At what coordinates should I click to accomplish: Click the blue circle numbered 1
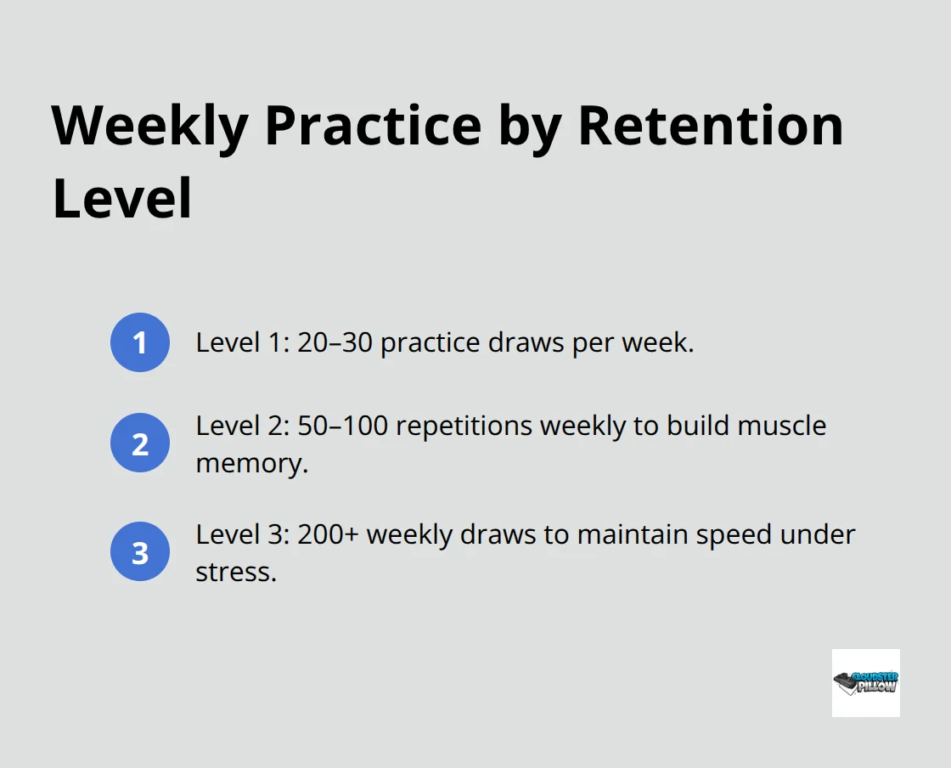[x=140, y=342]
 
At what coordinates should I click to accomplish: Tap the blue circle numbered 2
[x=140, y=443]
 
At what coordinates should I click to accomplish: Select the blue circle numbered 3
[x=140, y=551]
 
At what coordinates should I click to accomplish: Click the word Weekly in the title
[x=149, y=126]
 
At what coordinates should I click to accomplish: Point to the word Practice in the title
[x=374, y=126]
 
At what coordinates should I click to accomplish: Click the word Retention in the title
[x=710, y=126]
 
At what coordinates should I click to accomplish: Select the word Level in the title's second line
[x=122, y=200]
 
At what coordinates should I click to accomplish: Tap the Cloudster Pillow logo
[x=865, y=682]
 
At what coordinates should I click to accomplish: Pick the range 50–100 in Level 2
[x=343, y=425]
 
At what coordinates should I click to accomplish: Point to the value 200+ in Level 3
[x=330, y=534]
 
